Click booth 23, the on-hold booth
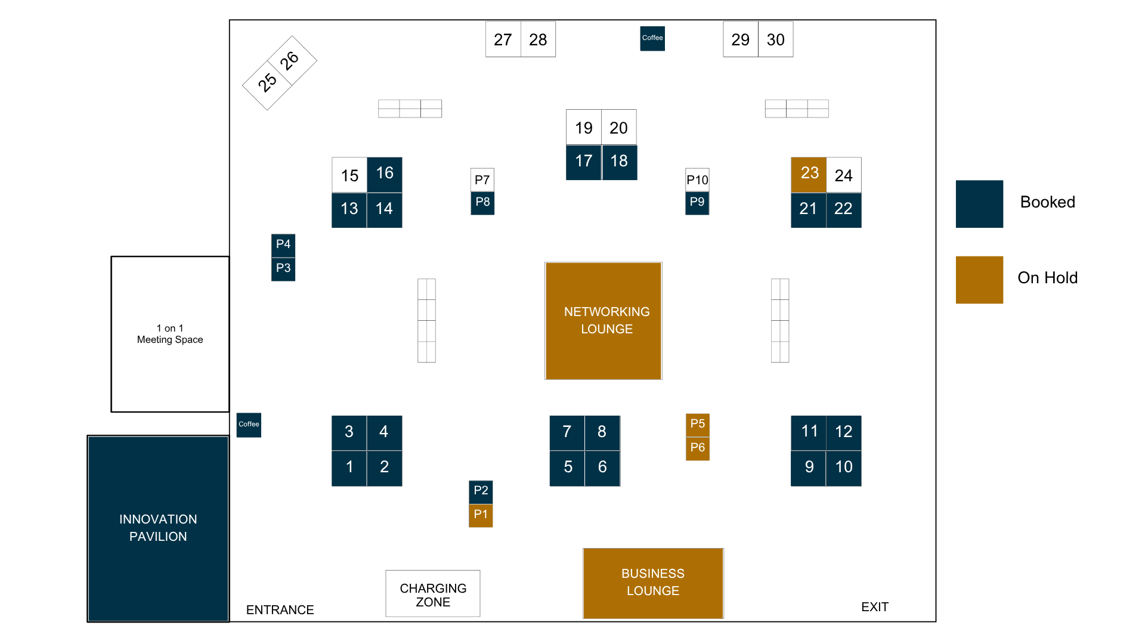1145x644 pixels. [x=809, y=175]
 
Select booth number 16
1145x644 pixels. [x=385, y=175]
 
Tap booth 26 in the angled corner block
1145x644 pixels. [x=292, y=60]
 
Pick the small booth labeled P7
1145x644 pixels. [x=482, y=180]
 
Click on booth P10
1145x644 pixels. [x=697, y=180]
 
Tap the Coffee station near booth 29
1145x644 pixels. [x=652, y=39]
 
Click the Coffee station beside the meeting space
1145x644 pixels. [x=249, y=425]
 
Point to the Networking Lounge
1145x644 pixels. [x=604, y=321]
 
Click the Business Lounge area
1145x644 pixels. [x=654, y=583]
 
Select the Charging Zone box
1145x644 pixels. [x=433, y=593]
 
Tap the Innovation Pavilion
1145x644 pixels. [x=158, y=528]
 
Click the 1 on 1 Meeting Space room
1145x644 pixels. [x=170, y=334]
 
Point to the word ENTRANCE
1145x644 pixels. [x=280, y=610]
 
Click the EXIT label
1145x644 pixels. [x=875, y=607]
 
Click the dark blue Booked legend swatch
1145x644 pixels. [x=979, y=204]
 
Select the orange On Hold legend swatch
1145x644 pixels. [x=979, y=280]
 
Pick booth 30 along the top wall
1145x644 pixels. [x=776, y=39]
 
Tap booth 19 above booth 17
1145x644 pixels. [x=584, y=127]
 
